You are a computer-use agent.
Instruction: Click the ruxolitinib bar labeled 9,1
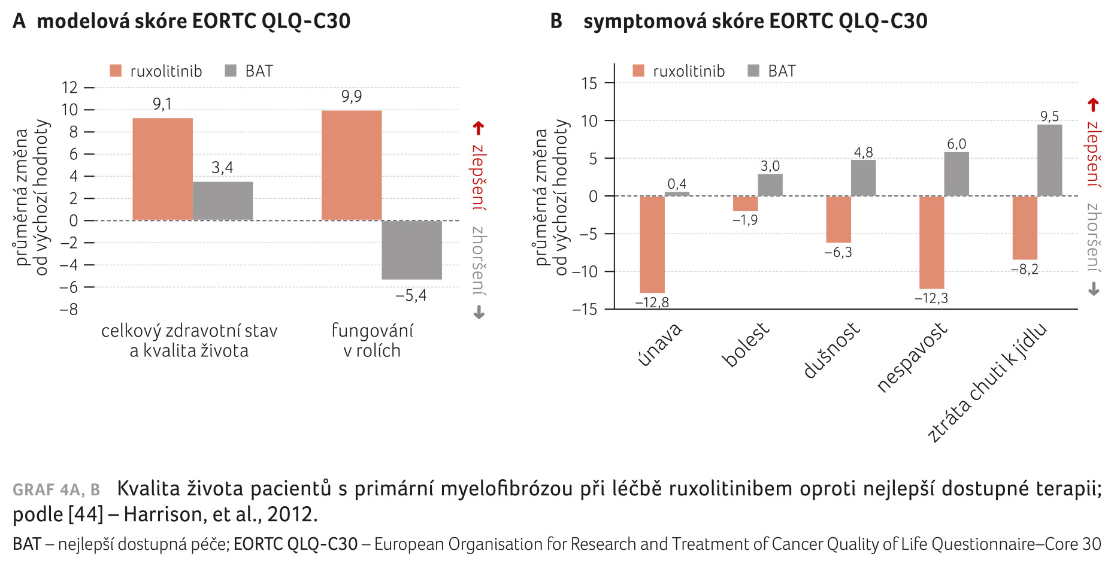[x=162, y=169]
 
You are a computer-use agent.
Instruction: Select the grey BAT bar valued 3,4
[x=222, y=201]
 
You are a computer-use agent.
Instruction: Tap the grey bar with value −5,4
[x=411, y=250]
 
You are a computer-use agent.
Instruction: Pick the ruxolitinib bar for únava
[x=652, y=244]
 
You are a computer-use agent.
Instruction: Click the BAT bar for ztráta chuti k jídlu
[x=1049, y=160]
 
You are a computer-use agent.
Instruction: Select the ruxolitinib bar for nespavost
[x=931, y=242]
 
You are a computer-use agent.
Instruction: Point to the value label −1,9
[x=745, y=220]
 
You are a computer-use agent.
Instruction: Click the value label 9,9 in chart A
[x=352, y=96]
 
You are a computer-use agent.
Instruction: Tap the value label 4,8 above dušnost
[x=863, y=152]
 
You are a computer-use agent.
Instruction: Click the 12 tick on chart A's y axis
[x=69, y=87]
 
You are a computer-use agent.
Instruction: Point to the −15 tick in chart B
[x=585, y=309]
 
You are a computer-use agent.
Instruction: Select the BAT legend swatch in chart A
[x=231, y=71]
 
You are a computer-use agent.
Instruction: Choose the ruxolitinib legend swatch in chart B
[x=638, y=71]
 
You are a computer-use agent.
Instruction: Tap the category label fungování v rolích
[x=372, y=340]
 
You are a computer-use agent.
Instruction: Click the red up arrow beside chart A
[x=478, y=128]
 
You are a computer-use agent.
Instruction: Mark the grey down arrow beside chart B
[x=1094, y=290]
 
